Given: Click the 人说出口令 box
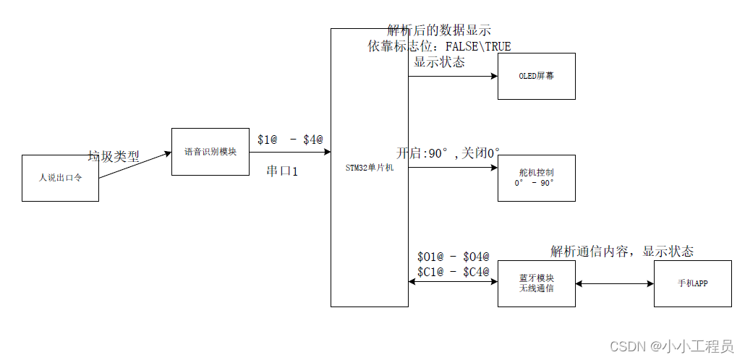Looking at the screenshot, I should tap(60, 178).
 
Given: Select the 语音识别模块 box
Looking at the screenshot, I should tap(210, 152).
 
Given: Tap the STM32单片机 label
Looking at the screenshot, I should tap(370, 168).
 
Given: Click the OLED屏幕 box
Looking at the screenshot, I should tap(536, 76).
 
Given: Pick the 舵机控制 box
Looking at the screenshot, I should tap(536, 178).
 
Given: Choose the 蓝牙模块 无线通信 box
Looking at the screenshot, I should tap(536, 283).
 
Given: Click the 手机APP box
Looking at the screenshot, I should tap(692, 283).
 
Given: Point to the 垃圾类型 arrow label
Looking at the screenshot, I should tap(114, 156).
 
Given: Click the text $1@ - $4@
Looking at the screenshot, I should tap(290, 139).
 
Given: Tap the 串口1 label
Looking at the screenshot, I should tap(282, 171).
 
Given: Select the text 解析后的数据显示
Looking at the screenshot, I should tap(439, 30).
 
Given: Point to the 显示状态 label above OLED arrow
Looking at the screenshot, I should tap(439, 62).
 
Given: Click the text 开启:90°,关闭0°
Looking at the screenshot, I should tap(448, 153).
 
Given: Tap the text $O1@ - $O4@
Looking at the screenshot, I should tap(454, 257).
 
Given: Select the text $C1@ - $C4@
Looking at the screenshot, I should tap(454, 271).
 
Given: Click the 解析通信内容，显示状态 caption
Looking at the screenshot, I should tap(622, 252).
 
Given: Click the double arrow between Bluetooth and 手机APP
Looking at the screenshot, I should tap(615, 284).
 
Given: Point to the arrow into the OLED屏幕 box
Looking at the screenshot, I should tap(453, 76).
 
